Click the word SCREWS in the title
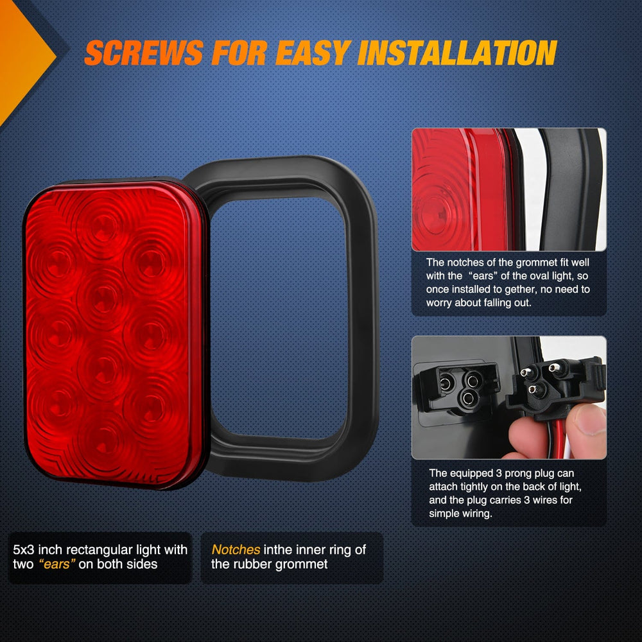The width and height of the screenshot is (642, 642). tap(144, 53)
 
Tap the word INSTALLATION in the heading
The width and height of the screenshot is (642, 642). tap(457, 53)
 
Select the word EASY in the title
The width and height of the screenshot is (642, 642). tap(313, 53)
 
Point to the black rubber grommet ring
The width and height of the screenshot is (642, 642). tap(362, 319)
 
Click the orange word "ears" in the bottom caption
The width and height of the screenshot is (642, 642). tap(57, 564)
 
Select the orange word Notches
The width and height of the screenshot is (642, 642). tap(236, 550)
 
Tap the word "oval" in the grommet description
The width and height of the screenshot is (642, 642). tap(553, 275)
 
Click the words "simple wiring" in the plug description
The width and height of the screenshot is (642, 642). tap(460, 514)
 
